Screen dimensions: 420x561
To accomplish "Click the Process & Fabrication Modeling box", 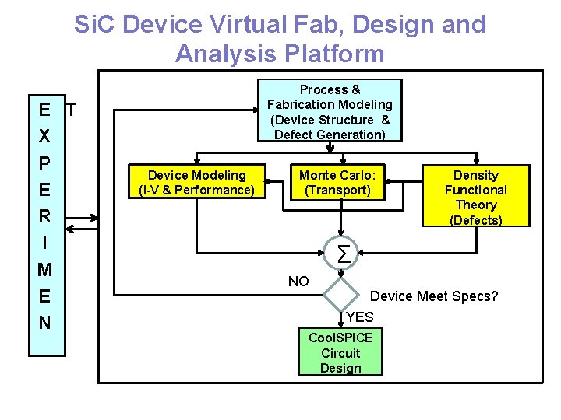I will [330, 111].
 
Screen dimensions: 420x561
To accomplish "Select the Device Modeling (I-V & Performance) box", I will [196, 183].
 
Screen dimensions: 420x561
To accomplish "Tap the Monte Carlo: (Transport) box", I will [337, 183].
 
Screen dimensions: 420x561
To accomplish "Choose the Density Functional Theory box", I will [475, 197].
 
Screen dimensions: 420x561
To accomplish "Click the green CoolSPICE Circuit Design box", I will [340, 352].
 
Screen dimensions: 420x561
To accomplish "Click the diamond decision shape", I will [340, 294].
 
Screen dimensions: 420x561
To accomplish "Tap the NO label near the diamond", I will [298, 282].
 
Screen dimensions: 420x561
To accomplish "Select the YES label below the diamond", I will [359, 317].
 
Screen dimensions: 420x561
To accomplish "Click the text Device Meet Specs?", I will [433, 296].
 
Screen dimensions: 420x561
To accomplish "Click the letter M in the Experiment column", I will [44, 270].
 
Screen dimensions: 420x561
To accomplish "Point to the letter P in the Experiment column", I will [44, 163].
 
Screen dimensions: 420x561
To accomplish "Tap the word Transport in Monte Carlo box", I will [337, 190].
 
